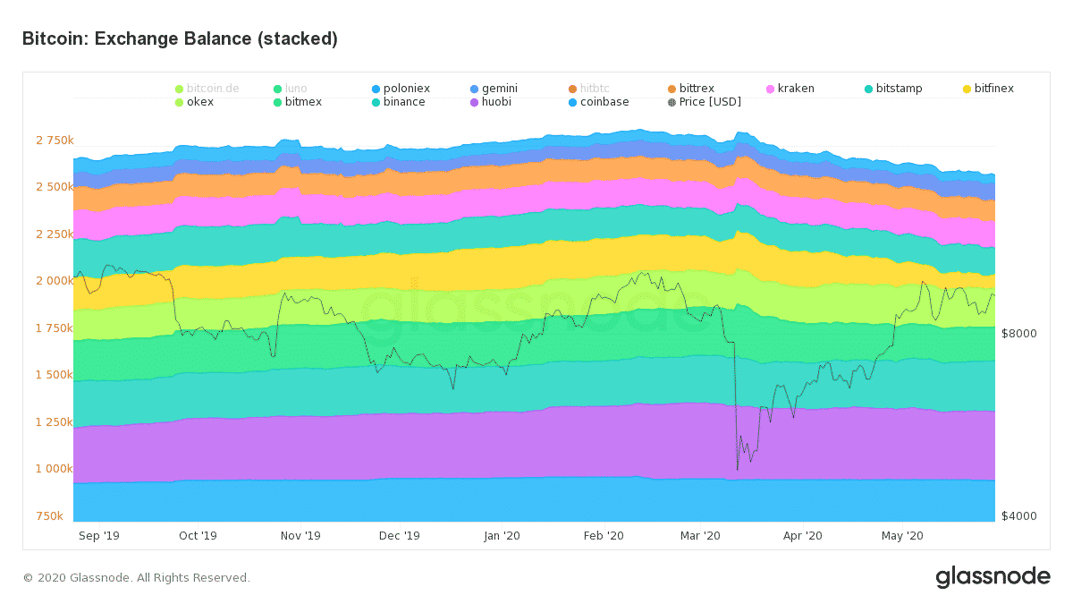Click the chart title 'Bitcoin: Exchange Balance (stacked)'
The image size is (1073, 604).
click(x=180, y=39)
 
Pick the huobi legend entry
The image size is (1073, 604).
click(x=496, y=102)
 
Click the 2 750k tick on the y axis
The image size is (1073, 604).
click(x=54, y=140)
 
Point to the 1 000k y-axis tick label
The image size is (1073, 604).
click(x=54, y=469)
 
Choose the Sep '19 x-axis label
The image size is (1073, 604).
click(x=98, y=536)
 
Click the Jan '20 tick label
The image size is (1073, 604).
click(x=502, y=536)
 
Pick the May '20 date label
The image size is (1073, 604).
click(x=902, y=536)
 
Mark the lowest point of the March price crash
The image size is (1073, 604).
click(x=738, y=469)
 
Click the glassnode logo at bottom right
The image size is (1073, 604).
click(x=993, y=577)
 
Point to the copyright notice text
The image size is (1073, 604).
click(x=137, y=578)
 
